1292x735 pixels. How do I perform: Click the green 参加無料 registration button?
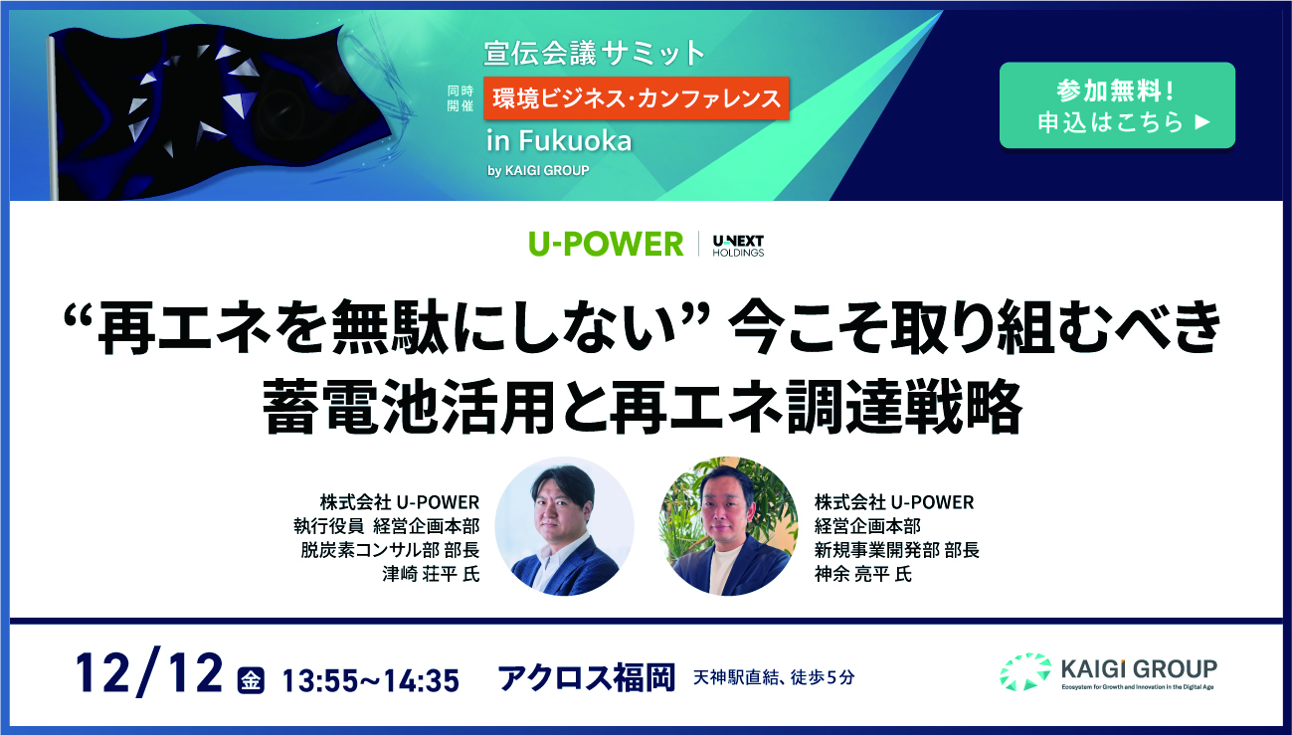pyautogui.click(x=1117, y=105)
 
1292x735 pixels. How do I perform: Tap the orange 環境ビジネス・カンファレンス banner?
pyautogui.click(x=637, y=98)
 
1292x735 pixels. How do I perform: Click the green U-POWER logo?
pyautogui.click(x=606, y=244)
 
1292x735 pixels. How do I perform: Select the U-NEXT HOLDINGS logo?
pyautogui.click(x=738, y=245)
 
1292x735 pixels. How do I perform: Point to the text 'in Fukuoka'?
pyautogui.click(x=559, y=141)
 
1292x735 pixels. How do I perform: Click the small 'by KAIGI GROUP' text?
pyautogui.click(x=538, y=171)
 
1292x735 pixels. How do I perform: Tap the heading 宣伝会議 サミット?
pyautogui.click(x=594, y=53)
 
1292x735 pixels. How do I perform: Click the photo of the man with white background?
pyautogui.click(x=565, y=526)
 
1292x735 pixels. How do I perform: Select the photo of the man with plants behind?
pyautogui.click(x=728, y=526)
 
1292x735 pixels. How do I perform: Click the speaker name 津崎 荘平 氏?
pyautogui.click(x=431, y=574)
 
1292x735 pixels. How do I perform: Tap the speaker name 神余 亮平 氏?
pyautogui.click(x=863, y=574)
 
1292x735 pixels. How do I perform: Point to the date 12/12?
pyautogui.click(x=149, y=673)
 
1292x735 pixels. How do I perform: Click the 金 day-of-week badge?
pyautogui.click(x=251, y=680)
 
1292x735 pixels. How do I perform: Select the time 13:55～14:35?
pyautogui.click(x=370, y=680)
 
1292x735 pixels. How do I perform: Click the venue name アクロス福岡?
pyautogui.click(x=586, y=678)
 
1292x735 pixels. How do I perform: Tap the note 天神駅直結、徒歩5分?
pyautogui.click(x=774, y=677)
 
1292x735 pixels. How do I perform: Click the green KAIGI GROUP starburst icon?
pyautogui.click(x=1025, y=672)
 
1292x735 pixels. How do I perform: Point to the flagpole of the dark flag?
pyautogui.click(x=53, y=118)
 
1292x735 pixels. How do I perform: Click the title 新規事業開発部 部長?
pyautogui.click(x=896, y=550)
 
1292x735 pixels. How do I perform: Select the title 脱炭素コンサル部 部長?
pyautogui.click(x=390, y=550)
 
